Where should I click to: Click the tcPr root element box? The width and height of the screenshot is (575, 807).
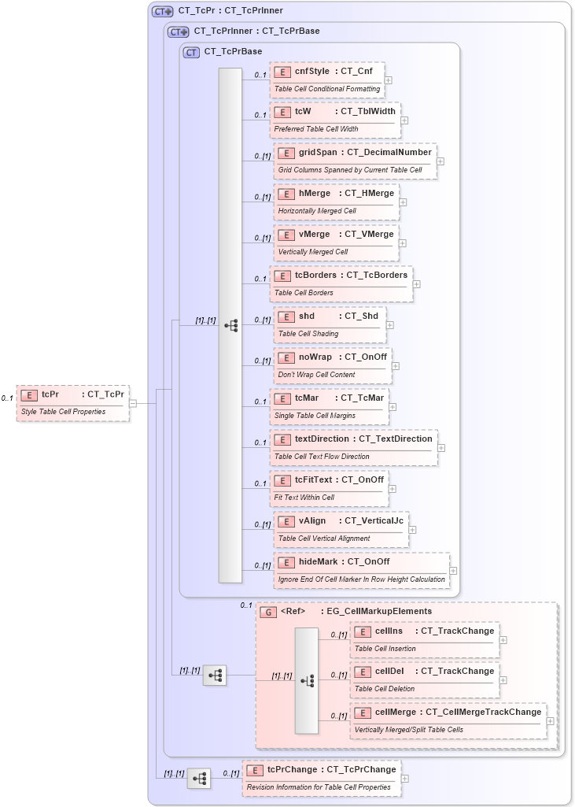point(72,402)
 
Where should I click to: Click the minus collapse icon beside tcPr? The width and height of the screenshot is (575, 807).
point(133,403)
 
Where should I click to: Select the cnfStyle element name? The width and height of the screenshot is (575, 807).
point(312,71)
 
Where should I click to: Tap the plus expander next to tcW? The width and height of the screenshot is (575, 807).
point(404,120)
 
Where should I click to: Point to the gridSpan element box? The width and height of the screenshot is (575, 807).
point(355,160)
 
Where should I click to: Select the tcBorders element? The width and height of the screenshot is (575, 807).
point(341,283)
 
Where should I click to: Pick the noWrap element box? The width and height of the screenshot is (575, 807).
point(332,365)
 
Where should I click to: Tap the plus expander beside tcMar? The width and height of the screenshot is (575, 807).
point(393,407)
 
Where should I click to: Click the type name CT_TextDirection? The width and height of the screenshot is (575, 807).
point(396,439)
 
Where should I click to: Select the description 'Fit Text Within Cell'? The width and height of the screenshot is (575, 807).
point(304,498)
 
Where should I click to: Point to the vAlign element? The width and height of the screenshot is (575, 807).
point(341,528)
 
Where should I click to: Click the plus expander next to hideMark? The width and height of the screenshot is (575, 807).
point(453,571)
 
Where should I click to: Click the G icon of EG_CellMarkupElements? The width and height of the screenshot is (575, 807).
point(268,611)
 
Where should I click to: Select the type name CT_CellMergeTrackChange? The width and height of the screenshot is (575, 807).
point(484,712)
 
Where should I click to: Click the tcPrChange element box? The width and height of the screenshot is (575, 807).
point(322,777)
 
